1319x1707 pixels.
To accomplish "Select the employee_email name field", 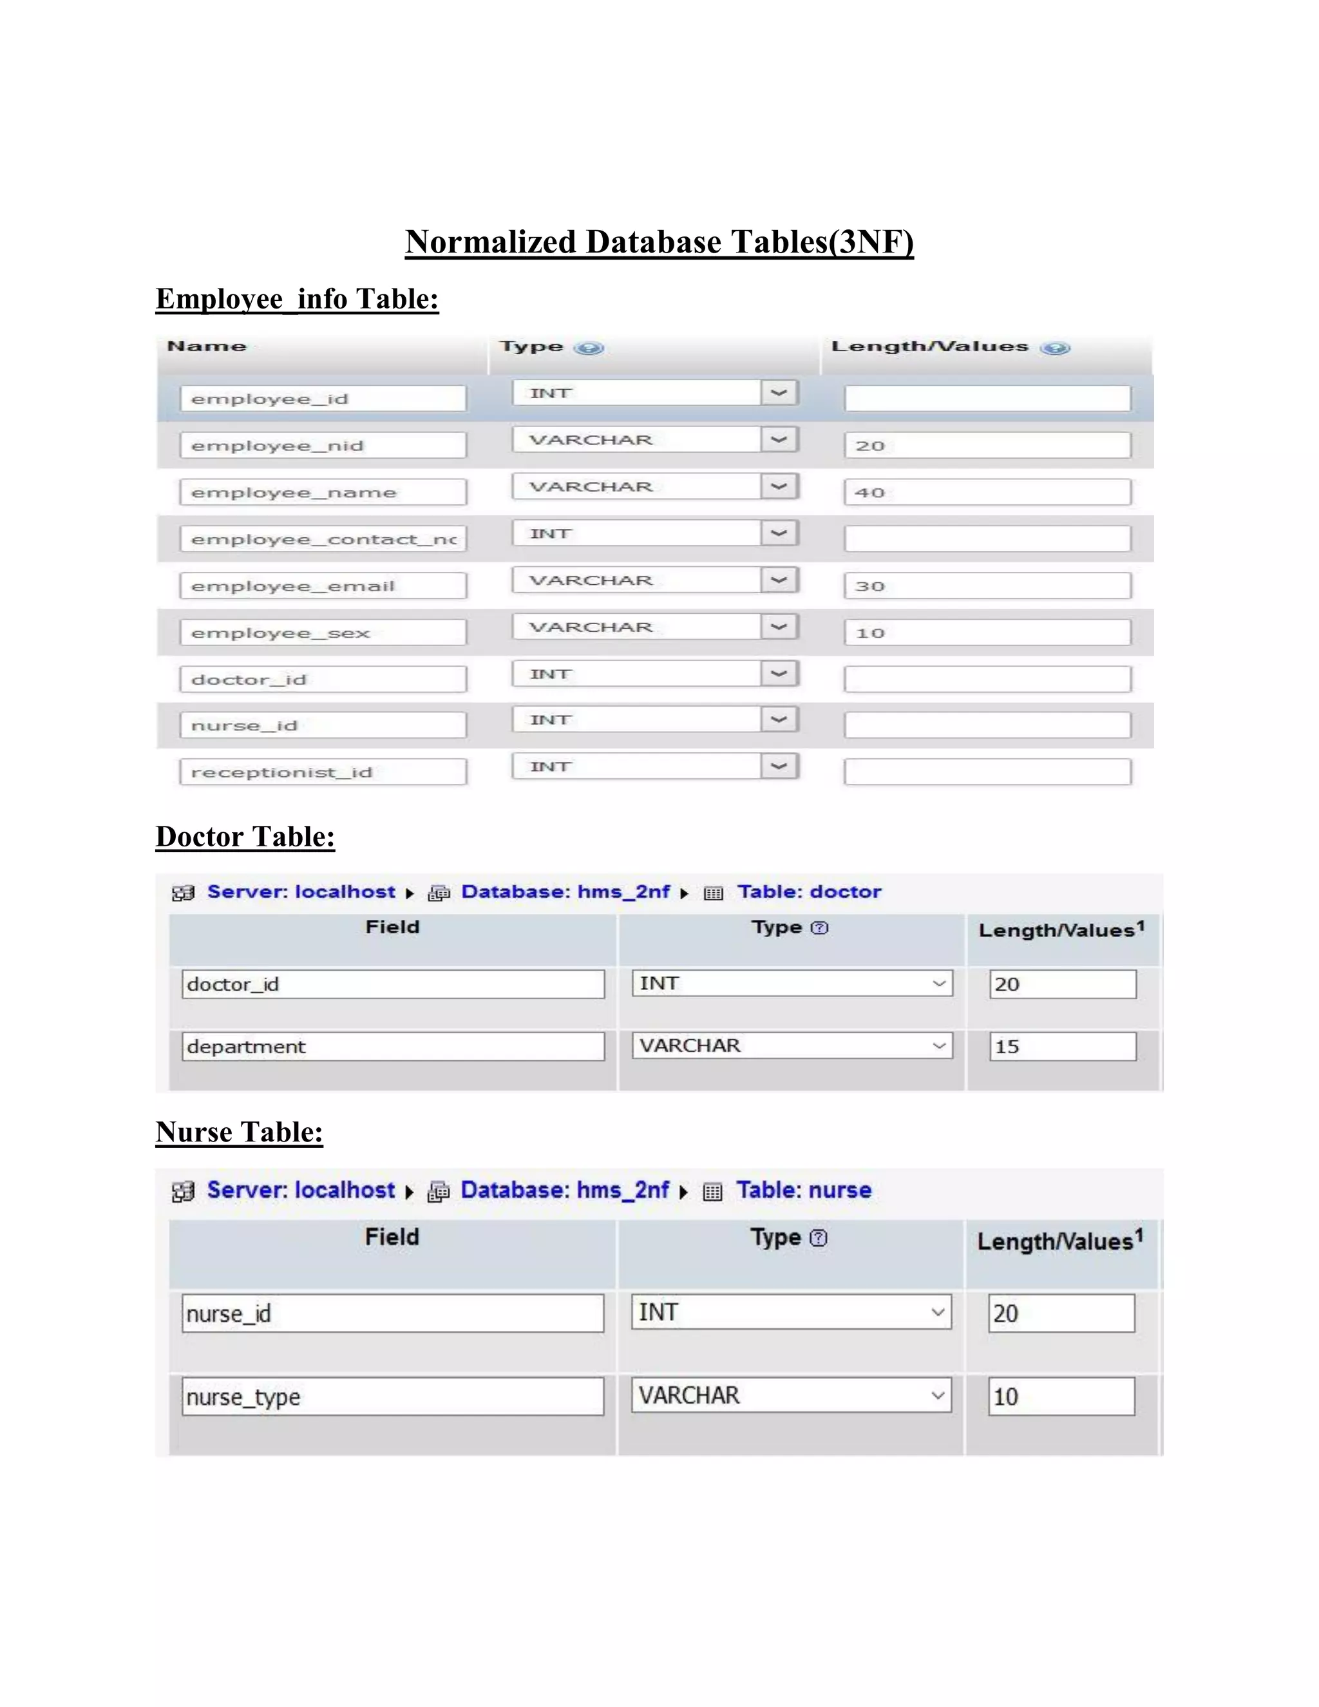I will click(x=322, y=586).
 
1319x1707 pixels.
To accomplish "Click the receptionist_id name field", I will click(x=322, y=772).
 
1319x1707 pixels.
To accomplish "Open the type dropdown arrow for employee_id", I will click(x=779, y=392).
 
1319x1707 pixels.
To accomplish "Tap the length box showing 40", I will click(x=987, y=492).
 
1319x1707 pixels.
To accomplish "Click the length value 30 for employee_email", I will click(x=987, y=586).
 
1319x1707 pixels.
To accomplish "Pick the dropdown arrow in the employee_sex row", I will click(x=779, y=627).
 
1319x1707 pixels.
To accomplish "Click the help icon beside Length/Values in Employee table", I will click(x=1055, y=348).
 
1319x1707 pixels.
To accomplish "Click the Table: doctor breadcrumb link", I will click(x=809, y=892).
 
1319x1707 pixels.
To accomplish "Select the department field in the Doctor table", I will click(x=393, y=1047).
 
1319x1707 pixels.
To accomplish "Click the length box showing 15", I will click(x=1062, y=1047).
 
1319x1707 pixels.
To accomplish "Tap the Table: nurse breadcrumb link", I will click(x=803, y=1190).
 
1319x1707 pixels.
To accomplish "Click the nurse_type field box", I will click(x=393, y=1397).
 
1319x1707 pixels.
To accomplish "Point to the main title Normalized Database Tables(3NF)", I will click(x=659, y=242).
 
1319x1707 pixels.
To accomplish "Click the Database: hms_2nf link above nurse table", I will click(x=564, y=1190).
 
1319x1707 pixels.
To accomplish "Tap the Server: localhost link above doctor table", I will click(x=301, y=892).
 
